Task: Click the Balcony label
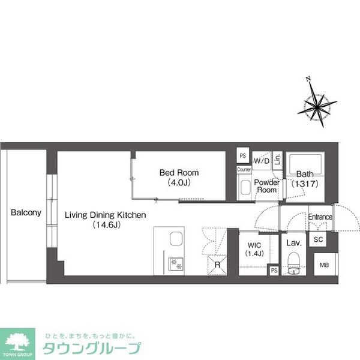click(26, 212)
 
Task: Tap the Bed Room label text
click(179, 173)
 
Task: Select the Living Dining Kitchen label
click(106, 214)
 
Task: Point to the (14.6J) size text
click(106, 226)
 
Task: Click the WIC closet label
click(253, 245)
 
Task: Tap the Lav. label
click(293, 243)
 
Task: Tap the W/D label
click(262, 161)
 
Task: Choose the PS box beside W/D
click(243, 156)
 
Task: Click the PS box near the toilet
click(274, 271)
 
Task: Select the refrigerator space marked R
click(217, 265)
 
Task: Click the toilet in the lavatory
click(293, 262)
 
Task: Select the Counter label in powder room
click(244, 170)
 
